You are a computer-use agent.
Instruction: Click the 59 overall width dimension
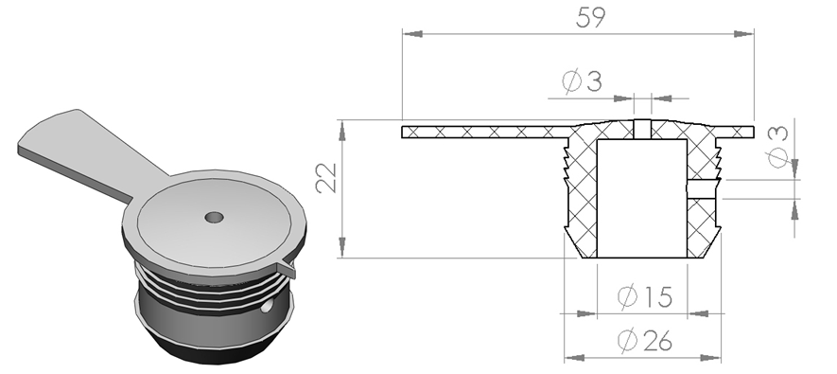pyautogui.click(x=591, y=18)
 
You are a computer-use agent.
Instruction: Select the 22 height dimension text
pyautogui.click(x=326, y=177)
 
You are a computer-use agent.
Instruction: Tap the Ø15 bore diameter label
pyautogui.click(x=645, y=296)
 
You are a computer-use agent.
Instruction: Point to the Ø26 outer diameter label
pyautogui.click(x=645, y=340)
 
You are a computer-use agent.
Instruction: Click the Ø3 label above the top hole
pyautogui.click(x=582, y=81)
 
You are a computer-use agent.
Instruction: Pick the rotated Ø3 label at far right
pyautogui.click(x=777, y=147)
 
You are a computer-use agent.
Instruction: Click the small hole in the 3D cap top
pyautogui.click(x=214, y=218)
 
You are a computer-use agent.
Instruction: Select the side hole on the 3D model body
pyautogui.click(x=267, y=305)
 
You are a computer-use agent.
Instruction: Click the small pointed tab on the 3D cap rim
pyautogui.click(x=287, y=269)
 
